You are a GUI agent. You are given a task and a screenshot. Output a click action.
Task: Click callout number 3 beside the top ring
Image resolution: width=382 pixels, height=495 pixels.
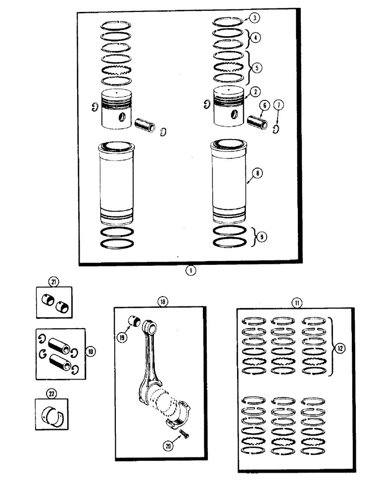pyautogui.click(x=254, y=18)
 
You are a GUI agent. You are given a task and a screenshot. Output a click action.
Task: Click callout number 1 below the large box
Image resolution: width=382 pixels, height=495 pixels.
pyautogui.click(x=191, y=270)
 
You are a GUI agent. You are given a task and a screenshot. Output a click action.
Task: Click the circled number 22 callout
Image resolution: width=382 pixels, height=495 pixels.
pyautogui.click(x=51, y=394)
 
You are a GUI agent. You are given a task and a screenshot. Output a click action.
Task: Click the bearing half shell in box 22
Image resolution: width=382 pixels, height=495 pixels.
pyautogui.click(x=53, y=416)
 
